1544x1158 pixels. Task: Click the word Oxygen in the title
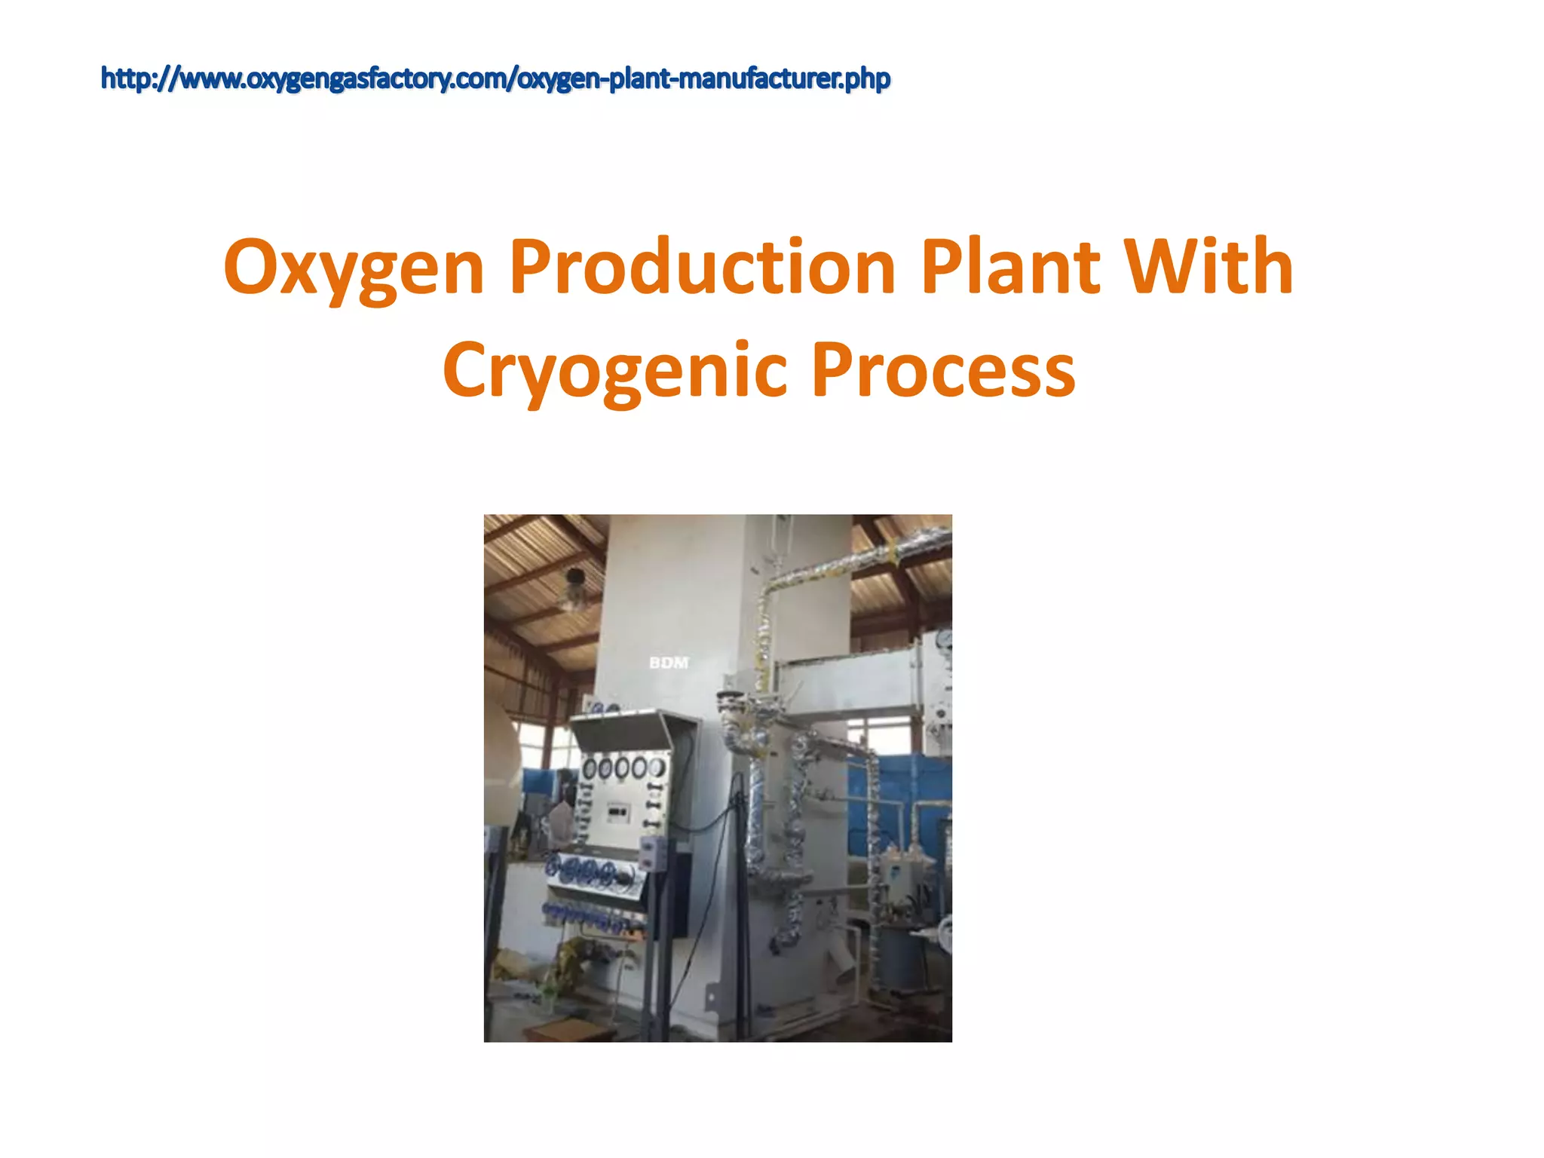point(354,268)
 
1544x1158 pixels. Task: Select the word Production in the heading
point(702,267)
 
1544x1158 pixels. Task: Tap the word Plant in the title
point(1009,267)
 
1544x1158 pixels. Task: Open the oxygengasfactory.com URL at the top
point(495,78)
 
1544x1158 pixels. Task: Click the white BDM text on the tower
point(669,663)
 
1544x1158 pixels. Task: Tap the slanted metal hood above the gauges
point(622,730)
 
